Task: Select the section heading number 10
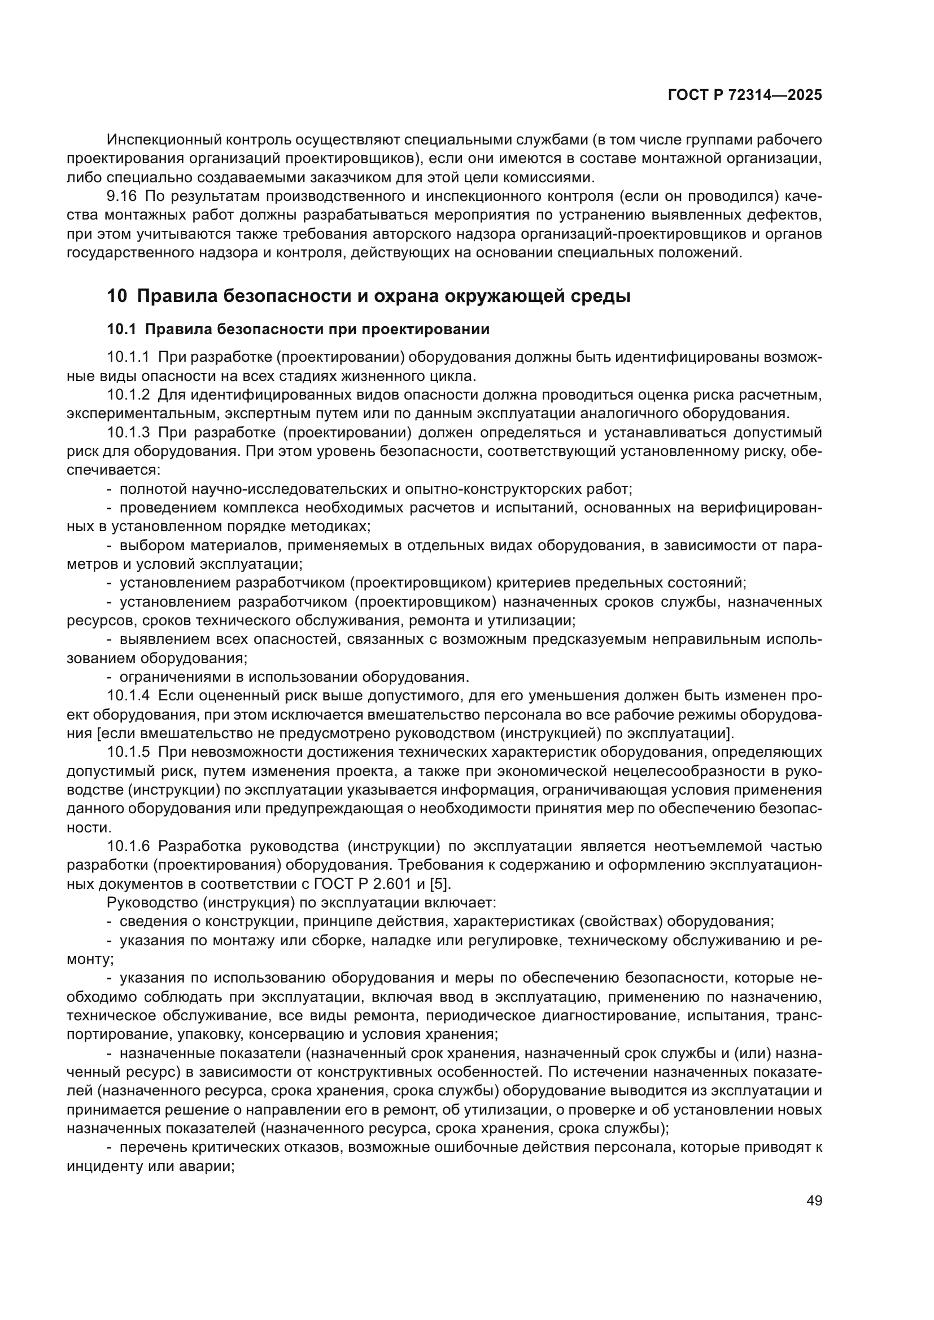(x=117, y=297)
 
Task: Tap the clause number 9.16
(x=122, y=196)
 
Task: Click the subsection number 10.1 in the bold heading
(x=121, y=330)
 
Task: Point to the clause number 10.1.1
(x=128, y=357)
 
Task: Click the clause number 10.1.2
(x=128, y=395)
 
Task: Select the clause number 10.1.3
(x=128, y=432)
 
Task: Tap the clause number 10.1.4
(x=128, y=696)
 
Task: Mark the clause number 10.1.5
(x=128, y=752)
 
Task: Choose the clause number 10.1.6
(x=128, y=847)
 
